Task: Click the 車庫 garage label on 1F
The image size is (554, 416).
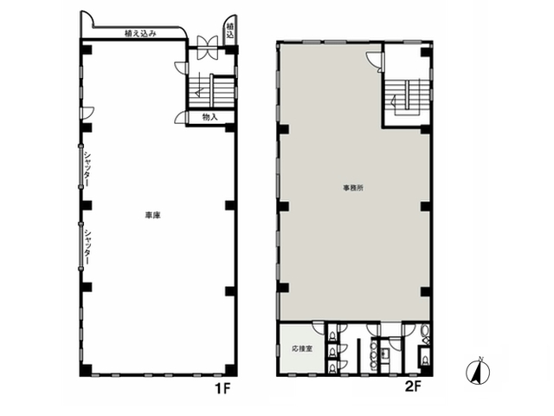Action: point(152,215)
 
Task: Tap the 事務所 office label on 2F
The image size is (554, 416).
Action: point(353,188)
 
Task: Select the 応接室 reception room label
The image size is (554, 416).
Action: point(302,348)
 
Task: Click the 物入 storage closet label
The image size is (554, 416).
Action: point(209,117)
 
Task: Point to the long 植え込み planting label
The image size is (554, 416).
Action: point(140,34)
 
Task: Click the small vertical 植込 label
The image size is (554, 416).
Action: point(230,30)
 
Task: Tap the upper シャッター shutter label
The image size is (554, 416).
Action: point(87,169)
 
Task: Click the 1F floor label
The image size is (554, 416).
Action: point(222,389)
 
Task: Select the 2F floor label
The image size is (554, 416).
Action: point(413,387)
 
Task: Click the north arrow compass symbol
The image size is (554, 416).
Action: point(478,372)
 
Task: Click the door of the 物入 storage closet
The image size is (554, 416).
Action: point(181,118)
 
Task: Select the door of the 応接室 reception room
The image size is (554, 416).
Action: point(318,328)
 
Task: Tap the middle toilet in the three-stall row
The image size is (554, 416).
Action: point(332,351)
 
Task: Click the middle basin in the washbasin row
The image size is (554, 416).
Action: point(373,355)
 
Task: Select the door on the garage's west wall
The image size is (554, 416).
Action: point(87,113)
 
